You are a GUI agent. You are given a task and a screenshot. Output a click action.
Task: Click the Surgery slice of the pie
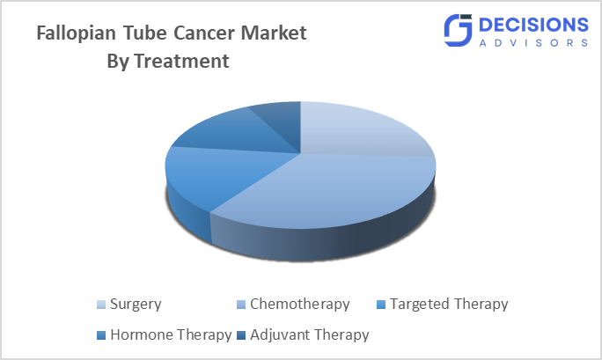tap(361, 130)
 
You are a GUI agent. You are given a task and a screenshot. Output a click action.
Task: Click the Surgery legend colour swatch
tap(102, 305)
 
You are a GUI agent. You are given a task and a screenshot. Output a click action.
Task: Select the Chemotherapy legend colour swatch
tap(241, 305)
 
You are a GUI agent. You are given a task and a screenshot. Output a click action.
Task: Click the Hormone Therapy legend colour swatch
tap(102, 335)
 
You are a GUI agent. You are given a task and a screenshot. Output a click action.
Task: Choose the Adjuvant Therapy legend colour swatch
tap(241, 335)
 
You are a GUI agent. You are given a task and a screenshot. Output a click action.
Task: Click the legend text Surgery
tap(136, 305)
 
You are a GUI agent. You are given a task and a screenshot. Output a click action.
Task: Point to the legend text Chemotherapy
tap(299, 305)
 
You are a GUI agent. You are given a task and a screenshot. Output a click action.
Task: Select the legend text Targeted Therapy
tap(448, 305)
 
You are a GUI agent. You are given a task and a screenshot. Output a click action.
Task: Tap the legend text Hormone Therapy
tap(171, 335)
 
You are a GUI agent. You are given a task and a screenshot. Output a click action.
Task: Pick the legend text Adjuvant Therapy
tap(309, 335)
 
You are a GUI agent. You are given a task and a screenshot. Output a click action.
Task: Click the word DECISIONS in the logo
tap(533, 24)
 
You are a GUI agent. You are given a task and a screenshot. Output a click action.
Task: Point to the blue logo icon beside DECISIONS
tap(459, 30)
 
